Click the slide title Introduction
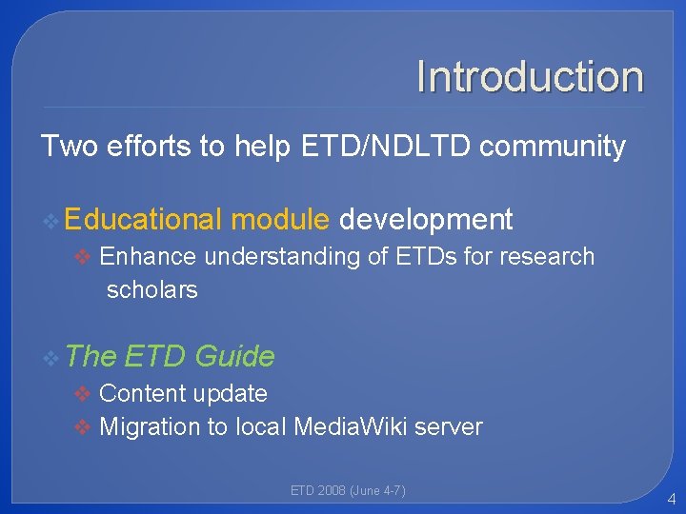pyautogui.click(x=530, y=77)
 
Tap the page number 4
pyautogui.click(x=672, y=498)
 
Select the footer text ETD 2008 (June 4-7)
pyautogui.click(x=348, y=491)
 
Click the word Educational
pyautogui.click(x=144, y=220)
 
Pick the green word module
pyautogui.click(x=280, y=220)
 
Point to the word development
pyautogui.click(x=426, y=220)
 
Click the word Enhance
pyautogui.click(x=148, y=257)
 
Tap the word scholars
pyautogui.click(x=152, y=290)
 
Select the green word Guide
pyautogui.click(x=233, y=357)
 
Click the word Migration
pyautogui.click(x=152, y=427)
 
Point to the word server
pyautogui.click(x=451, y=427)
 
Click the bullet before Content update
pyautogui.click(x=84, y=394)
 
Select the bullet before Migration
pyautogui.click(x=84, y=428)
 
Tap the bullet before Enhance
pyautogui.click(x=84, y=258)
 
